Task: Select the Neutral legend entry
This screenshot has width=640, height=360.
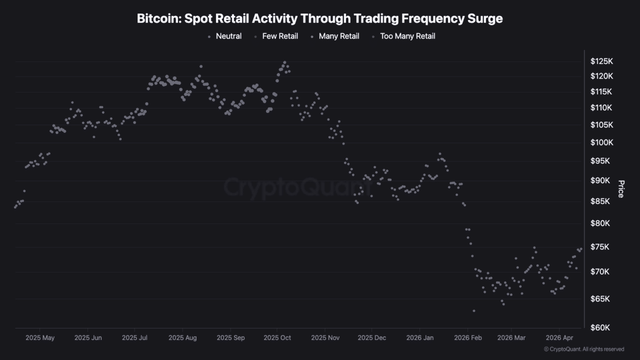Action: [228, 36]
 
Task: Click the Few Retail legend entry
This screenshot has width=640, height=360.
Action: [279, 36]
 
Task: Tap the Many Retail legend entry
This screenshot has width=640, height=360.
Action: [338, 36]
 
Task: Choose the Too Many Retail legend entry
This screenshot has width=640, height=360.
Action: [407, 36]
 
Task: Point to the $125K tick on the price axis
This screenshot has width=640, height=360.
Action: [601, 61]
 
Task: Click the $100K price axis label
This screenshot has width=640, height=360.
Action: [601, 143]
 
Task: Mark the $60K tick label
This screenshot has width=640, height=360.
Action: [600, 328]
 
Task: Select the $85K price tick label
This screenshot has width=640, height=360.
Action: [600, 201]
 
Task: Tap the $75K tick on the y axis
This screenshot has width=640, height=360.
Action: [600, 247]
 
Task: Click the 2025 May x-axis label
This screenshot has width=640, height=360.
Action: [40, 338]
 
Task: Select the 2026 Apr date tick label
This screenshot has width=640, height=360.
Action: [560, 338]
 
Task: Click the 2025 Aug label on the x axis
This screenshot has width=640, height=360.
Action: [182, 338]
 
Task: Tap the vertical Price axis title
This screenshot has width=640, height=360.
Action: [621, 189]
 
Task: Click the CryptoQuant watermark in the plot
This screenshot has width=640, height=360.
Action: [297, 187]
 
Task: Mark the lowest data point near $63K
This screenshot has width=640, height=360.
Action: [473, 311]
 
